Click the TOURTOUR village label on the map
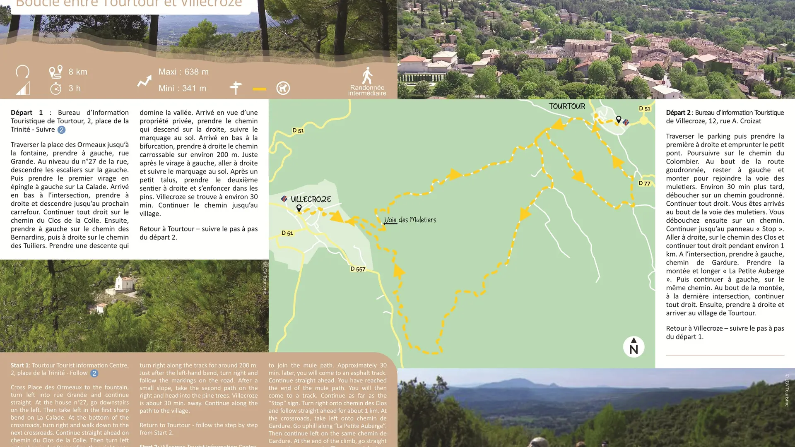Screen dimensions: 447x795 [567, 106]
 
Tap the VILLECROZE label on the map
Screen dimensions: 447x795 [311, 199]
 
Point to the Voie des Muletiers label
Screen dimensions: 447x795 [410, 220]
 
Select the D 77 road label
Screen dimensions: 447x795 [644, 183]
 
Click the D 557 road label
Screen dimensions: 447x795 [358, 269]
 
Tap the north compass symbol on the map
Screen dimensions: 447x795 [634, 347]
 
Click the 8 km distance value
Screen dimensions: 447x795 [78, 72]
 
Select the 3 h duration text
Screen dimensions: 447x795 [75, 88]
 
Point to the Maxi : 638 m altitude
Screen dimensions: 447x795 [183, 72]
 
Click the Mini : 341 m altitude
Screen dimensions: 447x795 [182, 88]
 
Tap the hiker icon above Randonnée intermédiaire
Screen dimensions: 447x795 [367, 76]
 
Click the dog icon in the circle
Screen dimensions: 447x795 [283, 88]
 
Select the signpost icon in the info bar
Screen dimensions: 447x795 [236, 88]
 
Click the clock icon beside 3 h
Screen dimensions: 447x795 [56, 88]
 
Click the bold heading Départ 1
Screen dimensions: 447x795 [26, 113]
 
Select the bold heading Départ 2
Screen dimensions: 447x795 [678, 113]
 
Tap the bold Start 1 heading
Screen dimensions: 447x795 [20, 365]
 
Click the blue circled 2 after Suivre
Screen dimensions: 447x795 [61, 130]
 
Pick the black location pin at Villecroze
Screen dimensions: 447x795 [299, 208]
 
